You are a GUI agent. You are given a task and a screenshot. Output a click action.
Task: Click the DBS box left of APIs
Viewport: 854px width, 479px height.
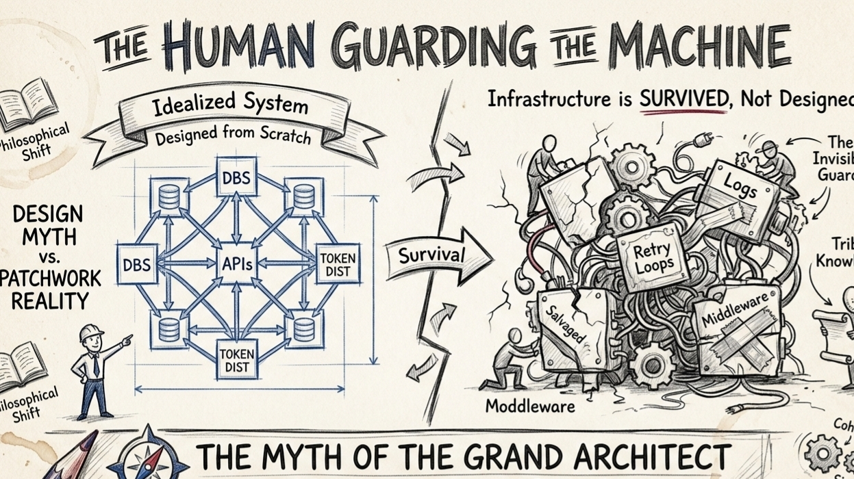[x=137, y=263]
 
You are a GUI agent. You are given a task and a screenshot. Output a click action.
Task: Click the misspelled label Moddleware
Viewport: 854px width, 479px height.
[x=529, y=406]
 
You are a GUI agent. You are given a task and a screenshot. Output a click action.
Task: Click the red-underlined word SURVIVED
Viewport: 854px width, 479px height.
[x=683, y=99]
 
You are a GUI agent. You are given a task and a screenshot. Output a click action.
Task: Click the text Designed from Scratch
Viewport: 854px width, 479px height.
[x=233, y=136]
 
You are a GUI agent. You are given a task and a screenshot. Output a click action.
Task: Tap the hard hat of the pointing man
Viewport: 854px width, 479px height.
[x=91, y=333]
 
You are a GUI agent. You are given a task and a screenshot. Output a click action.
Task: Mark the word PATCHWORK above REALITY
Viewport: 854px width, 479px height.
[x=49, y=279]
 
